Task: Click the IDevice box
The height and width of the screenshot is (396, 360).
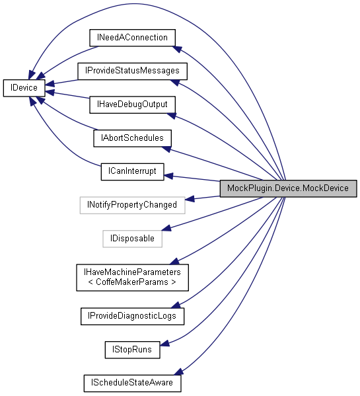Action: tap(24, 87)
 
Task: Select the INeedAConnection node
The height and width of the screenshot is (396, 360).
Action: tap(131, 38)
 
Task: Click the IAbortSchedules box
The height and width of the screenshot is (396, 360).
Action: tap(132, 138)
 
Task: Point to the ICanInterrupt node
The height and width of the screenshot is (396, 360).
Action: tap(132, 171)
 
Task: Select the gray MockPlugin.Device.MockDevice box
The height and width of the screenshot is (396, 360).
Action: tap(288, 188)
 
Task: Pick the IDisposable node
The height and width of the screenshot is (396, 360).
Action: tap(132, 238)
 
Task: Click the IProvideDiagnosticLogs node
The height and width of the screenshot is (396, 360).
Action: tap(132, 316)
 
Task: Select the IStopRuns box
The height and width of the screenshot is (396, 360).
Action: tap(132, 349)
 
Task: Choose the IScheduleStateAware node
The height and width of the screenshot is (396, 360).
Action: tap(132, 382)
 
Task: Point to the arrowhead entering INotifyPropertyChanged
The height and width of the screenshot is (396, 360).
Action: tap(190, 198)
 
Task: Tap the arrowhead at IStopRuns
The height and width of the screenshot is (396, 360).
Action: tap(166, 342)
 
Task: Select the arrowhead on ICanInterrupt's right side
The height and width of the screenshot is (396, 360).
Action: tap(168, 176)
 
